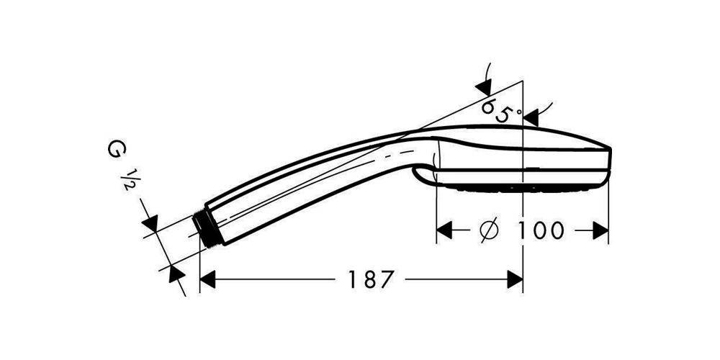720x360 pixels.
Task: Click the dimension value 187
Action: [x=371, y=279]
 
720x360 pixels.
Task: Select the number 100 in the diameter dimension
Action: [x=541, y=230]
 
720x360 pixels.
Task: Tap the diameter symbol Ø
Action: [x=489, y=230]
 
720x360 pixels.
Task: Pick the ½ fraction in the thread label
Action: [x=130, y=179]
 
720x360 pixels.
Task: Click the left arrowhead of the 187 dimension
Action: [x=207, y=279]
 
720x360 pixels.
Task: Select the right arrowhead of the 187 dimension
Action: [x=515, y=279]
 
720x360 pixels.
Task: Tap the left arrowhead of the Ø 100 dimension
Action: [x=444, y=230]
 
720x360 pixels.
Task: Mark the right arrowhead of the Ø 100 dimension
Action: [x=600, y=230]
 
